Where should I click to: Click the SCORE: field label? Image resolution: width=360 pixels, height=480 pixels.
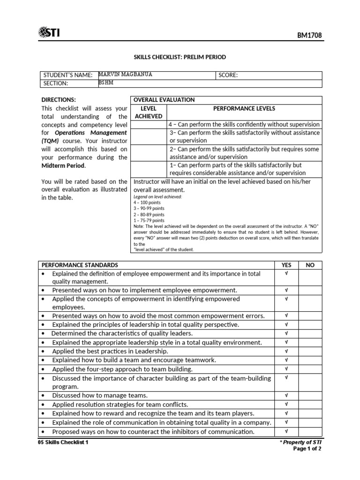click(x=228, y=75)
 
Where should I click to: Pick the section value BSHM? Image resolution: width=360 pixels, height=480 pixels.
click(x=106, y=83)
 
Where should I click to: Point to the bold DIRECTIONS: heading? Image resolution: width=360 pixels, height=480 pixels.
click(x=59, y=100)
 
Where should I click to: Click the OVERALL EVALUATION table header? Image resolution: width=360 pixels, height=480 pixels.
click(x=164, y=100)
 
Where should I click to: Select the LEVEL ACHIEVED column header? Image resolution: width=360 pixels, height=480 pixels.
click(x=148, y=112)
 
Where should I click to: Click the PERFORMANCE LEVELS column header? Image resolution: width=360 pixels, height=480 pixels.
click(x=244, y=108)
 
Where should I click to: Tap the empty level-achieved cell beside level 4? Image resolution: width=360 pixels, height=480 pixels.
click(x=148, y=125)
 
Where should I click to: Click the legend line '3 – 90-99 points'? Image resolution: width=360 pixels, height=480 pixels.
click(x=149, y=209)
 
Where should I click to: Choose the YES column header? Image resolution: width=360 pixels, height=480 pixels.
click(x=286, y=265)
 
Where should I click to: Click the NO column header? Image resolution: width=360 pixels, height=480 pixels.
click(x=310, y=265)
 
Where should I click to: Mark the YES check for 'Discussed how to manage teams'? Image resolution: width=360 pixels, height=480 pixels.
click(x=286, y=395)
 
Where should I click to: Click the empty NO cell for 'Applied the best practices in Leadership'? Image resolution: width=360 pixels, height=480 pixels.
click(x=310, y=351)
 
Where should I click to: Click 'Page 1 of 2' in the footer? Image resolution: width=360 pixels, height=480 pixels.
click(x=307, y=449)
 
